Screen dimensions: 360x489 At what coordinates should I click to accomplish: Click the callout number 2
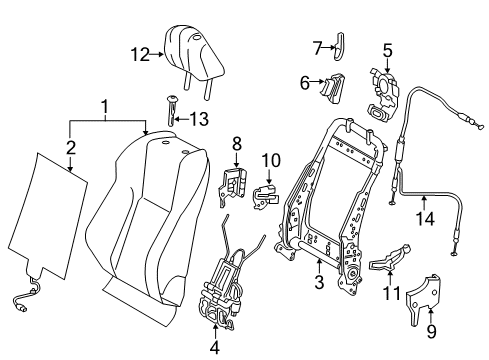click(69, 148)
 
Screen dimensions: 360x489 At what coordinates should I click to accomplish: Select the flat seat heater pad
click(50, 215)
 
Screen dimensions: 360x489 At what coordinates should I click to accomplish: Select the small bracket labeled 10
click(265, 191)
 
